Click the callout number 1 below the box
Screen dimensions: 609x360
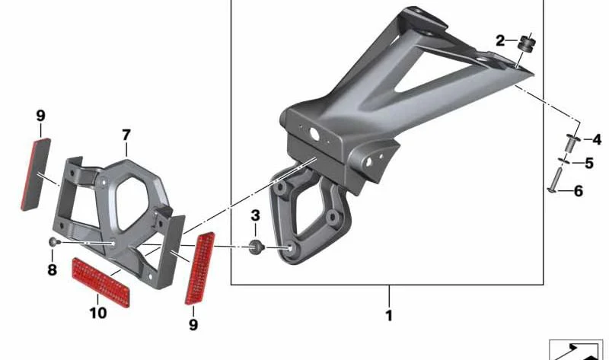[x=389, y=315]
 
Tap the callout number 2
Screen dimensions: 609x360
[x=500, y=40]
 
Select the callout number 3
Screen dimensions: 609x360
[x=255, y=215]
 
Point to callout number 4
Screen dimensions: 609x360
[x=597, y=139]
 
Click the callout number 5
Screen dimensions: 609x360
[x=589, y=163]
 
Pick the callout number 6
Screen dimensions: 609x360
[x=579, y=191]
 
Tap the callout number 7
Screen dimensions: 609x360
[x=126, y=135]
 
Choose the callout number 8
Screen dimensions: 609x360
[x=52, y=269]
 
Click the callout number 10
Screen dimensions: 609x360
[x=98, y=313]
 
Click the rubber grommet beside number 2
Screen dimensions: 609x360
[x=526, y=43]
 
